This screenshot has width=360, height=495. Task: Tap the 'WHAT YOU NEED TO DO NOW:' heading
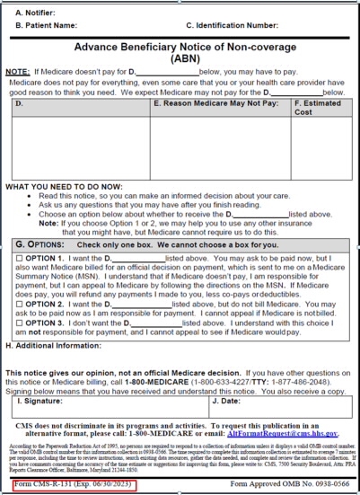(x=59, y=186)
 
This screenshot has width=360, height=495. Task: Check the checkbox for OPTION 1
(x=19, y=259)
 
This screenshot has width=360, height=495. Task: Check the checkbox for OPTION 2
(x=19, y=304)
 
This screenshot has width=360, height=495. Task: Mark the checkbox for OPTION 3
(x=19, y=322)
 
